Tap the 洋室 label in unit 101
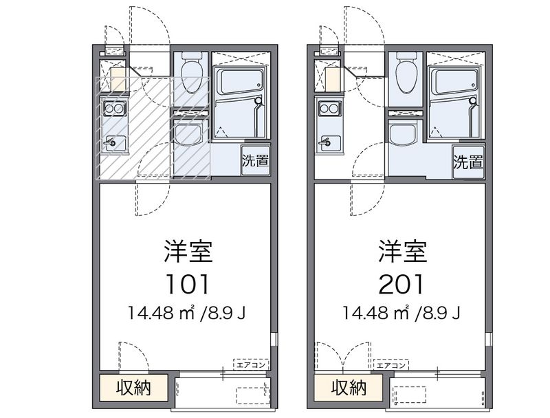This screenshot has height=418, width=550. pos(187,252)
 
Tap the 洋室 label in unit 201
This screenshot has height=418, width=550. pos(402,252)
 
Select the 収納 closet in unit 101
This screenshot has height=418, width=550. pos(133,388)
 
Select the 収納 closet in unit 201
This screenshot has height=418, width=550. pos(349,388)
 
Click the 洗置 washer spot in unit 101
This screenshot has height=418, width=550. pos(254,162)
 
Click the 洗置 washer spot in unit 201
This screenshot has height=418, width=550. pos(469,162)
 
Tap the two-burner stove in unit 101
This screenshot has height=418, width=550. pos(113,108)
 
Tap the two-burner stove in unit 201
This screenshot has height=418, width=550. pos(328,108)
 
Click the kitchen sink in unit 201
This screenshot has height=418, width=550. pos(328,142)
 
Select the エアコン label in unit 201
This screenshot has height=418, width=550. pos(393,365)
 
